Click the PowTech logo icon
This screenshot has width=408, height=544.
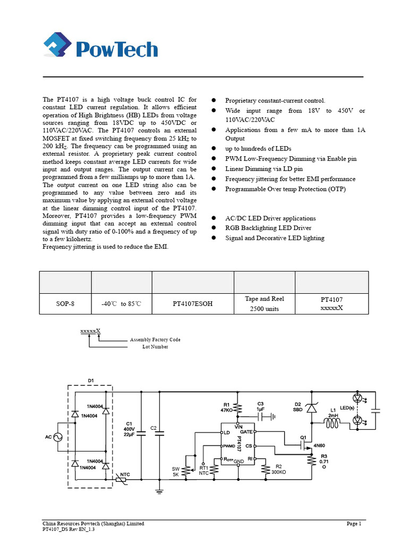pyautogui.click(x=57, y=47)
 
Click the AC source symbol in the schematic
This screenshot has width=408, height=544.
pyautogui.click(x=56, y=437)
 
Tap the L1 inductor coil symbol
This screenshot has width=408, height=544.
pyautogui.click(x=333, y=423)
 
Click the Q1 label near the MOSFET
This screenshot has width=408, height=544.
pyautogui.click(x=304, y=438)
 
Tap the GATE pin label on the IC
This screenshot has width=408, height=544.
pyautogui.click(x=246, y=432)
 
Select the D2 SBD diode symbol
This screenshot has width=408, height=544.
pyautogui.click(x=310, y=408)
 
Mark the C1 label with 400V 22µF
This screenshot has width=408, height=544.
pyautogui.click(x=129, y=428)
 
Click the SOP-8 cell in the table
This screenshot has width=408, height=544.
pyautogui.click(x=65, y=304)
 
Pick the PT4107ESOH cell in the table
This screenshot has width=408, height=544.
pyautogui.click(x=192, y=304)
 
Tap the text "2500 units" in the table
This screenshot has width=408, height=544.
pyautogui.click(x=264, y=309)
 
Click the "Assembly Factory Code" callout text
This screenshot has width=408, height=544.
pyautogui.click(x=155, y=339)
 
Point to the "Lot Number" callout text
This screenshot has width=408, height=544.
pyautogui.click(x=155, y=346)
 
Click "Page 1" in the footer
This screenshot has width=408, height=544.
pyautogui.click(x=354, y=524)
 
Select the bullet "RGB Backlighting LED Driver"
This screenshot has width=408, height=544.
pyautogui.click(x=268, y=228)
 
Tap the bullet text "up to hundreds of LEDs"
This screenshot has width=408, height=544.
pyautogui.click(x=258, y=148)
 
